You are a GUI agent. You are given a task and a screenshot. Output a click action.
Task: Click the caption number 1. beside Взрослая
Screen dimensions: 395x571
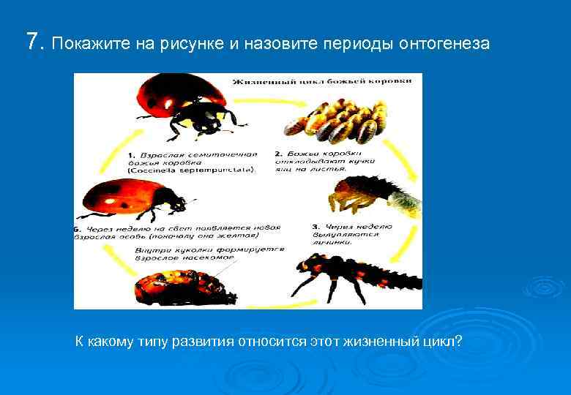[x=132, y=156]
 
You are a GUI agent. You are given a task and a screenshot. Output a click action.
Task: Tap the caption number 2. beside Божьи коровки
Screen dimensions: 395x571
[x=279, y=154]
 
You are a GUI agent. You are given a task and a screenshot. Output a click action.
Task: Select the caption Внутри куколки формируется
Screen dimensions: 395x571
[x=209, y=249]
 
